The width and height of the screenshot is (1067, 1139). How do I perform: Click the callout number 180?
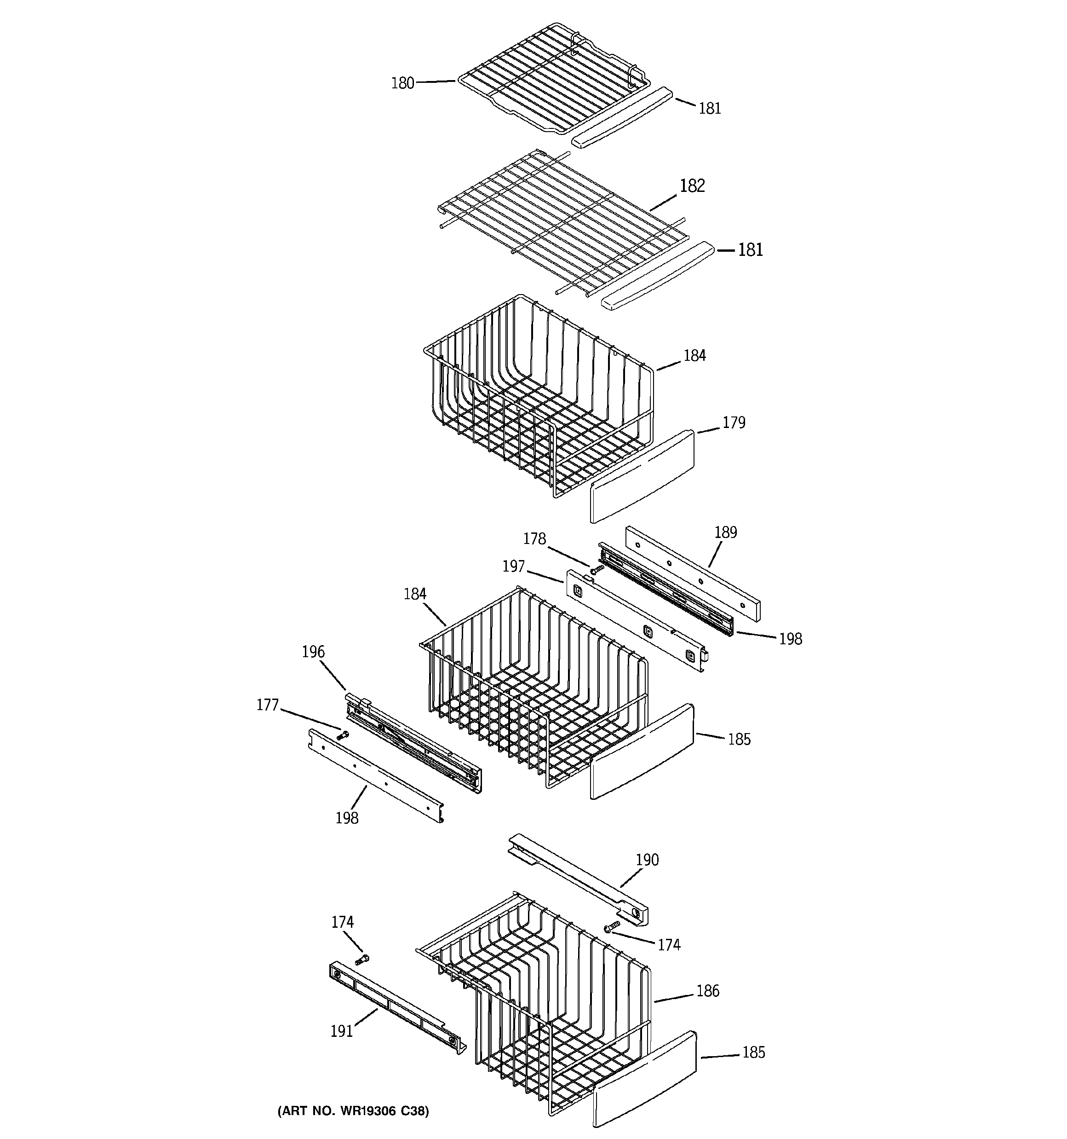402,84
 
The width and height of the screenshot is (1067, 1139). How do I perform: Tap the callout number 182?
692,185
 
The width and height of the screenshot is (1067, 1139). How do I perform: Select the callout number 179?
733,422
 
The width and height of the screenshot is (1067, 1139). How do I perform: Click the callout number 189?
725,532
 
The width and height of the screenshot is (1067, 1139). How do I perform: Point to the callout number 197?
513,566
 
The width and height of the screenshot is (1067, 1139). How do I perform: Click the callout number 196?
313,652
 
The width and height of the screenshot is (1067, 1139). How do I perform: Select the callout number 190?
647,859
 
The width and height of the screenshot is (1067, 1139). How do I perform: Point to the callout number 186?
707,991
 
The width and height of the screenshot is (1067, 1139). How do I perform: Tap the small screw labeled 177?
343,735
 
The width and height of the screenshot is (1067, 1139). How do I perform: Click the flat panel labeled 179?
642,477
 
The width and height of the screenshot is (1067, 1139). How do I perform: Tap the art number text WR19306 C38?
353,1111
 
